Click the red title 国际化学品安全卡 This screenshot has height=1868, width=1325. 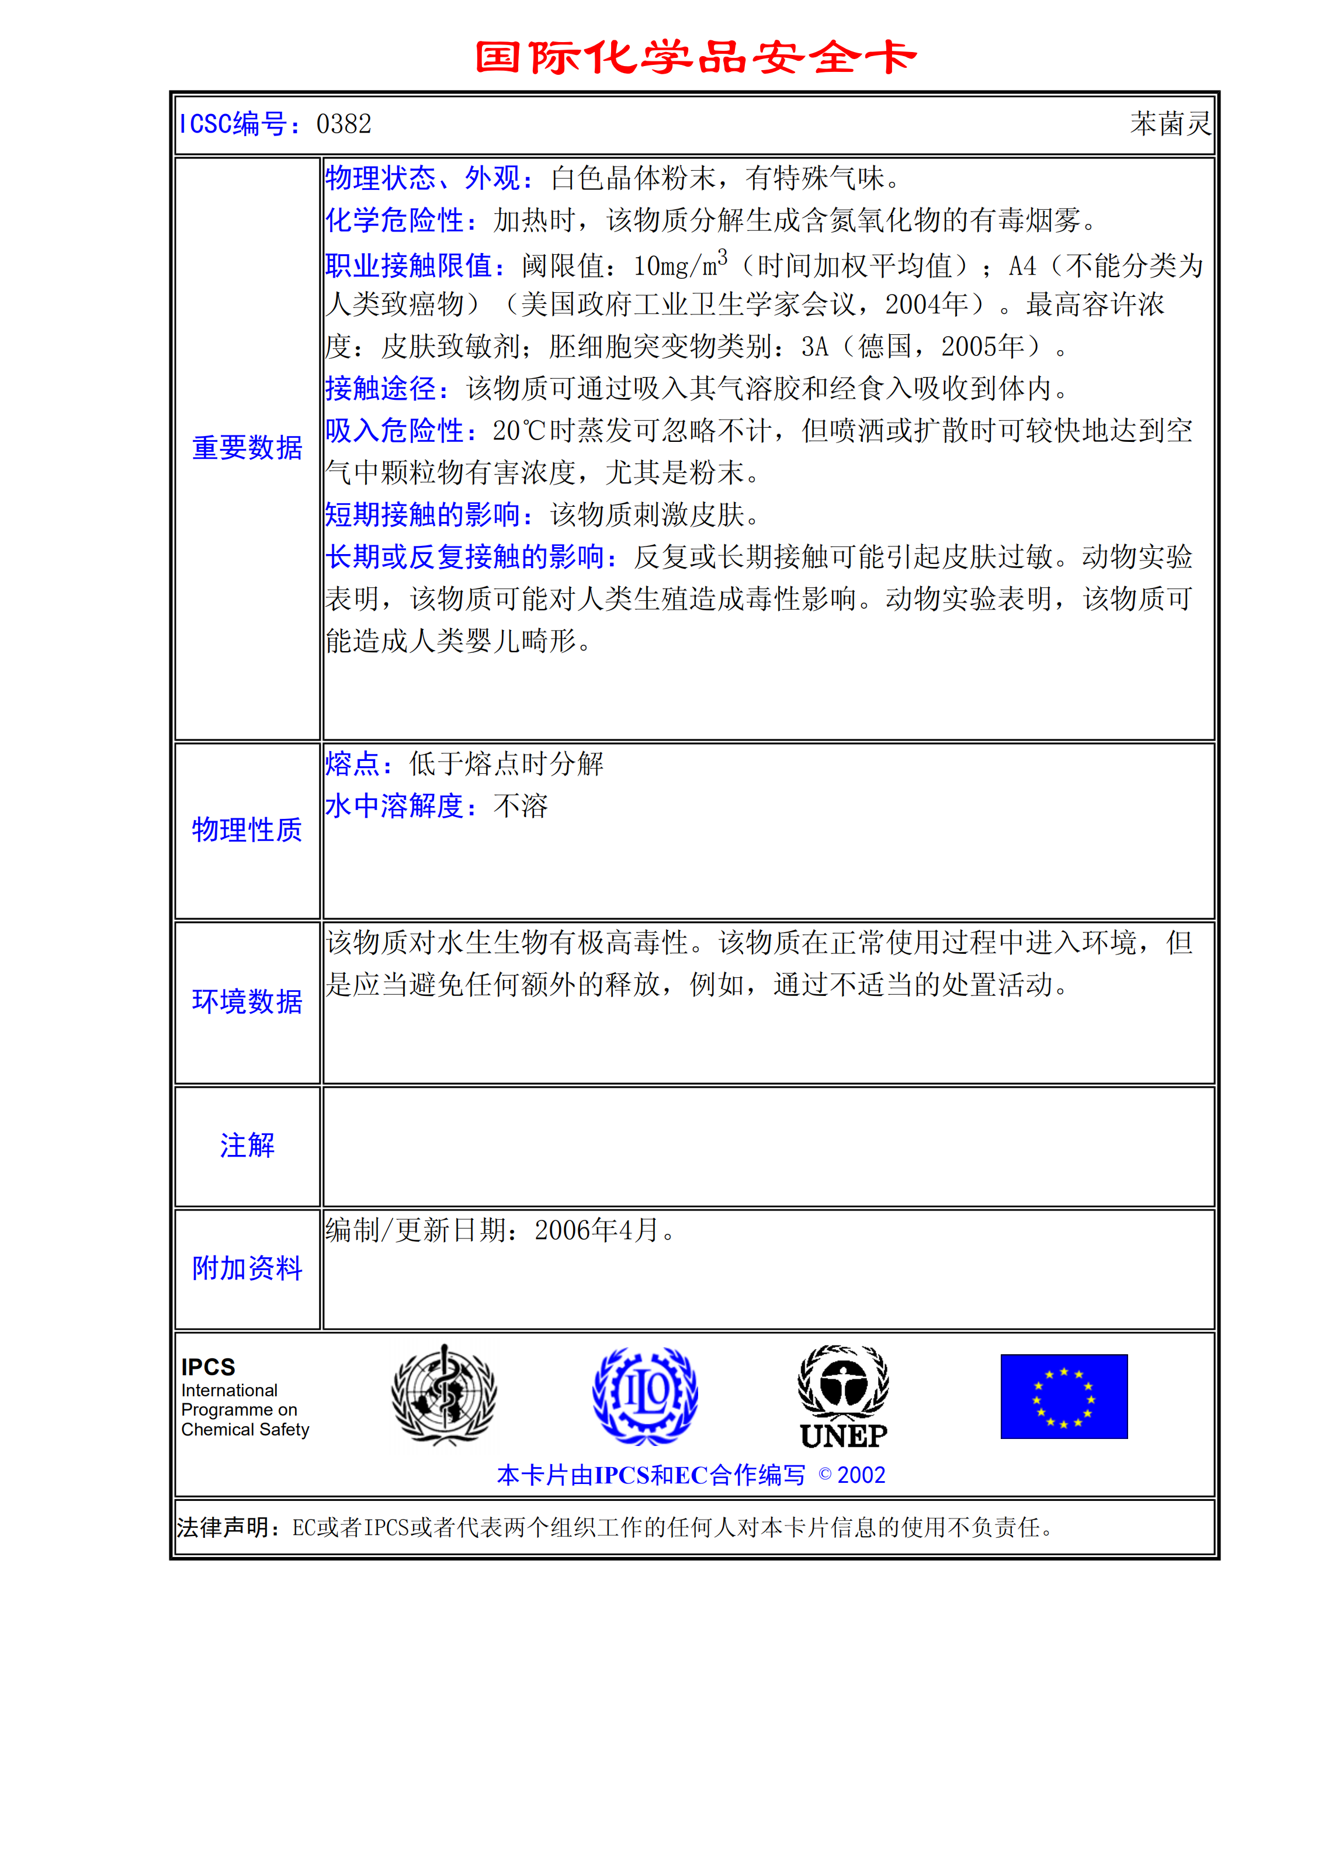(695, 57)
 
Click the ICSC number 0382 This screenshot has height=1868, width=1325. (344, 124)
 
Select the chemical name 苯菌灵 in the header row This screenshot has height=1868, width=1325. (1170, 124)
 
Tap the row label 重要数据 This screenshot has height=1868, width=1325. (247, 448)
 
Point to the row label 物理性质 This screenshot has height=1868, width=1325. (247, 830)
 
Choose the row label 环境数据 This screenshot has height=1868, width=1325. (247, 1001)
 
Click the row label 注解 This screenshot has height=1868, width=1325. (247, 1146)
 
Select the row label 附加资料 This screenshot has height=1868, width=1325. (247, 1268)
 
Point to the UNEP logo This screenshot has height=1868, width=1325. (844, 1397)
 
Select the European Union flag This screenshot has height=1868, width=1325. (1064, 1396)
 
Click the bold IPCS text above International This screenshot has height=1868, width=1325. (208, 1367)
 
